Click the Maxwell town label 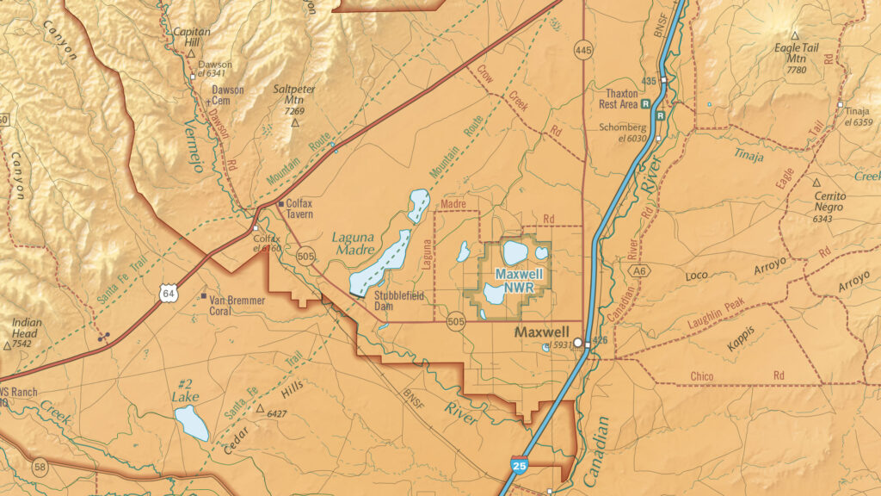[x=541, y=332]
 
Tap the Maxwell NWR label [x=518, y=280]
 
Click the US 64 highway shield [x=168, y=293]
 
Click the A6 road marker [x=638, y=270]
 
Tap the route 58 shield [x=40, y=467]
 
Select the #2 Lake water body [x=191, y=423]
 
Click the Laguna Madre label [x=354, y=243]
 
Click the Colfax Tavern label [x=299, y=208]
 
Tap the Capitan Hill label [x=191, y=36]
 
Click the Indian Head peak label [x=26, y=328]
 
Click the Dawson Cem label [x=228, y=95]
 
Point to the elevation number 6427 [x=276, y=414]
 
